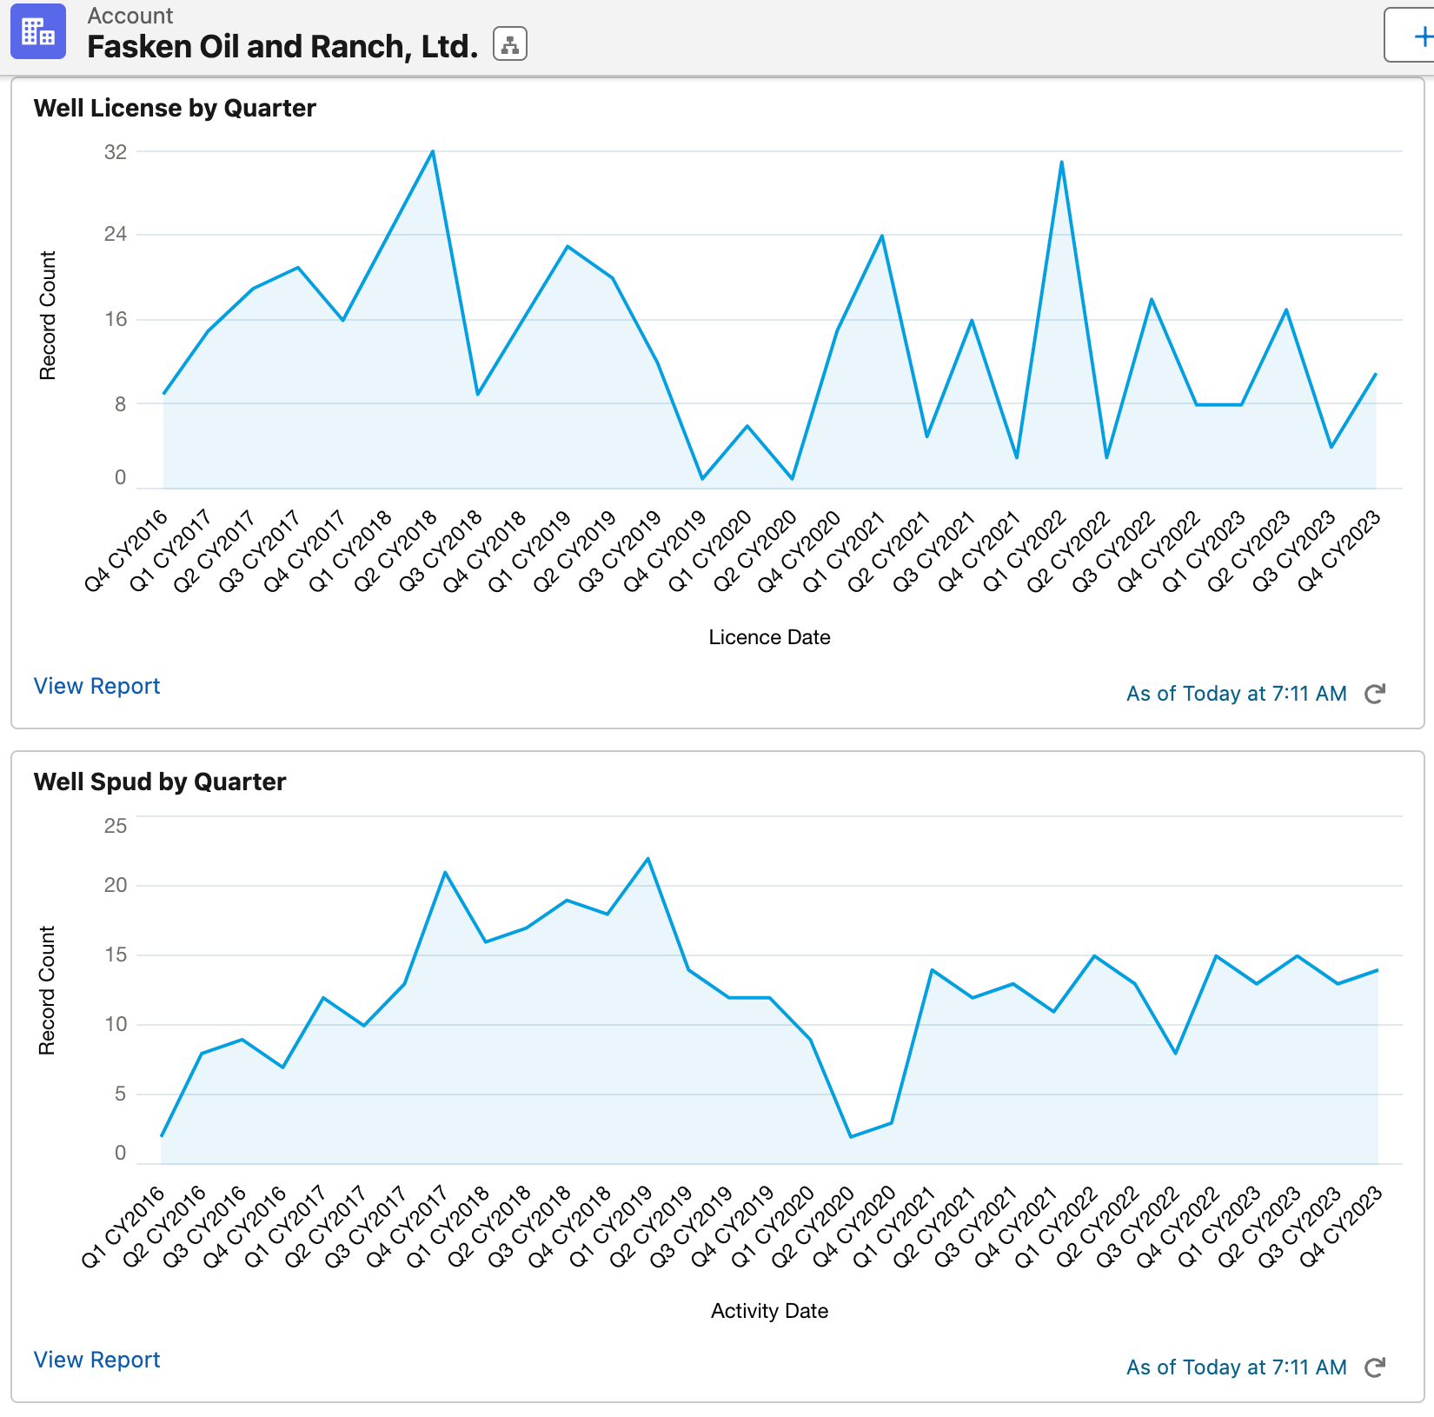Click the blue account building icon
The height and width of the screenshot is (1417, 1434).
(38, 32)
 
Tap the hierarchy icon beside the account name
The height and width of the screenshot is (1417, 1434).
(510, 44)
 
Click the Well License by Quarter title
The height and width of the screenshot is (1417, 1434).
(175, 108)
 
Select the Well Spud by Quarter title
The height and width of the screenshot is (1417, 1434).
(160, 782)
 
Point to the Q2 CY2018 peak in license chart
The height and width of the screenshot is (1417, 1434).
(433, 152)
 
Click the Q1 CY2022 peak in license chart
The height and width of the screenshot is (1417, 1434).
(1061, 163)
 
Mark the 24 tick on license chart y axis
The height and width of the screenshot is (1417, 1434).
(116, 234)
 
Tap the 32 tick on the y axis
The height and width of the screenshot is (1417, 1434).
(116, 152)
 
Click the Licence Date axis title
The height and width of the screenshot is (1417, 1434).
(769, 637)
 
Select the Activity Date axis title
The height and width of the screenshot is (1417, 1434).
(769, 1311)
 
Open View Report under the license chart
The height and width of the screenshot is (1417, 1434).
(96, 686)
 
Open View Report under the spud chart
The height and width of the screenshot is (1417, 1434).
(96, 1360)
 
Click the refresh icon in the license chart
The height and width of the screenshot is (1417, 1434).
(1374, 694)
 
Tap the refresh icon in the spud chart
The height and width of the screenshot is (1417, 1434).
(1374, 1367)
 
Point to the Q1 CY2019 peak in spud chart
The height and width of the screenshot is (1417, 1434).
(648, 860)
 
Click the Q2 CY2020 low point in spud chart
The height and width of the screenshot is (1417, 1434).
(851, 1136)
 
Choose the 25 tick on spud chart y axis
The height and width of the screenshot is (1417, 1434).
(116, 826)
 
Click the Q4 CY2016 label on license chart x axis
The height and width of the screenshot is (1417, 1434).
(127, 551)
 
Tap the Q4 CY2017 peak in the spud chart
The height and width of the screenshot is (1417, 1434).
(445, 873)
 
